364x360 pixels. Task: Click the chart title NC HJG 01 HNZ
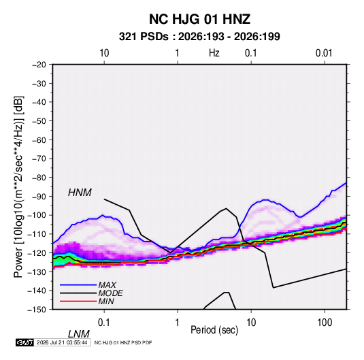(x=199, y=19)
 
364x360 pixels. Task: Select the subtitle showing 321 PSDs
(x=199, y=37)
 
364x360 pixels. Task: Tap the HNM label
(x=80, y=193)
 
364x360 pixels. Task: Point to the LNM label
(x=78, y=334)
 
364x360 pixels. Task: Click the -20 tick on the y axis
(x=39, y=65)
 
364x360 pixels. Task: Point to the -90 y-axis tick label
(x=39, y=197)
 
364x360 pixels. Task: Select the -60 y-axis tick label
(x=39, y=140)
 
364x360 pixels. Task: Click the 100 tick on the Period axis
(x=325, y=323)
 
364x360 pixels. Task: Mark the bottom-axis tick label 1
(x=177, y=323)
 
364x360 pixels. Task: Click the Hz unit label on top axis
(x=214, y=53)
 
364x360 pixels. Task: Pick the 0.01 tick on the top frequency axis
(x=324, y=53)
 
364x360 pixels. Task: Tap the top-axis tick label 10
(x=104, y=53)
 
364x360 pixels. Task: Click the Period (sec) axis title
(x=214, y=330)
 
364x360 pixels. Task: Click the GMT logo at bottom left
(x=25, y=342)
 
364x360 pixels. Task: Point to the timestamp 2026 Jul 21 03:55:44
(x=62, y=342)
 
